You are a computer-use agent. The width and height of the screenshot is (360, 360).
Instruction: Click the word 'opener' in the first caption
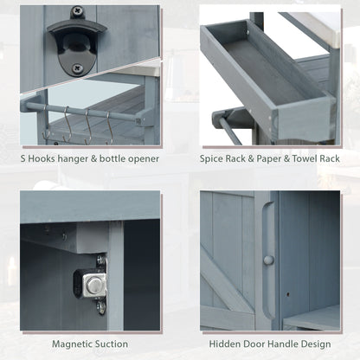tap(138, 159)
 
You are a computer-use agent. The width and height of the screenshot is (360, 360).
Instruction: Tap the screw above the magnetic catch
tap(100, 260)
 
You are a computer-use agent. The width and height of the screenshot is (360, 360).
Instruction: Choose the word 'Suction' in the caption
tap(113, 344)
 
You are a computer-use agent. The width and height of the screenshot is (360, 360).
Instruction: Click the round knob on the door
tap(268, 260)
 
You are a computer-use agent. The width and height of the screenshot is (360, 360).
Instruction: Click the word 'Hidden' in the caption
tap(215, 344)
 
